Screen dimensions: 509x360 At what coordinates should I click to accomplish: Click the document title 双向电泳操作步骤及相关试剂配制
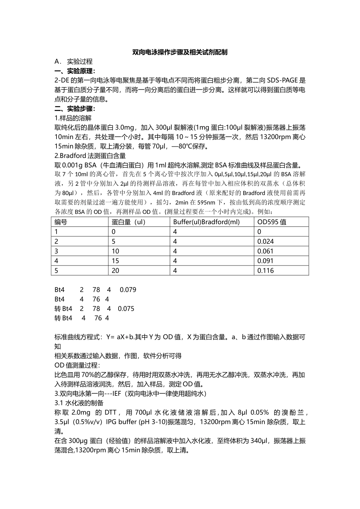180,52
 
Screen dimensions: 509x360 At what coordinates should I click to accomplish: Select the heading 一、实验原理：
75,71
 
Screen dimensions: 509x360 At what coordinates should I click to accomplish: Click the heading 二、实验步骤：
75,109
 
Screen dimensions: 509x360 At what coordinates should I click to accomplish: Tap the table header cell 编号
61,222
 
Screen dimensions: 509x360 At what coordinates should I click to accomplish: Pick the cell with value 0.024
265,242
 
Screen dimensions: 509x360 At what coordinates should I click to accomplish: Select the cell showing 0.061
265,251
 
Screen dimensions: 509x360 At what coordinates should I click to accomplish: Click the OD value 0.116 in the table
265,270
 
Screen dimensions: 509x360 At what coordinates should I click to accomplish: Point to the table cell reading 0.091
265,261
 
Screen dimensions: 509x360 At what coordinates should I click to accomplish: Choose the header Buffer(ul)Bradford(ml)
207,222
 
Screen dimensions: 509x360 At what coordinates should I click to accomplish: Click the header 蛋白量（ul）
128,222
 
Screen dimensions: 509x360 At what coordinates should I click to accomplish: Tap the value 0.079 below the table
128,290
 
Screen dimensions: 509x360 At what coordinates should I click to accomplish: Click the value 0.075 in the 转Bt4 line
126,309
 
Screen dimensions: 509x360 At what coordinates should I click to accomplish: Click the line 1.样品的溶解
73,118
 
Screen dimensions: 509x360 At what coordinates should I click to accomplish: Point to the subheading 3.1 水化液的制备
79,403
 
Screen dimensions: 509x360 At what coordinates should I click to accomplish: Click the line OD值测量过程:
77,365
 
